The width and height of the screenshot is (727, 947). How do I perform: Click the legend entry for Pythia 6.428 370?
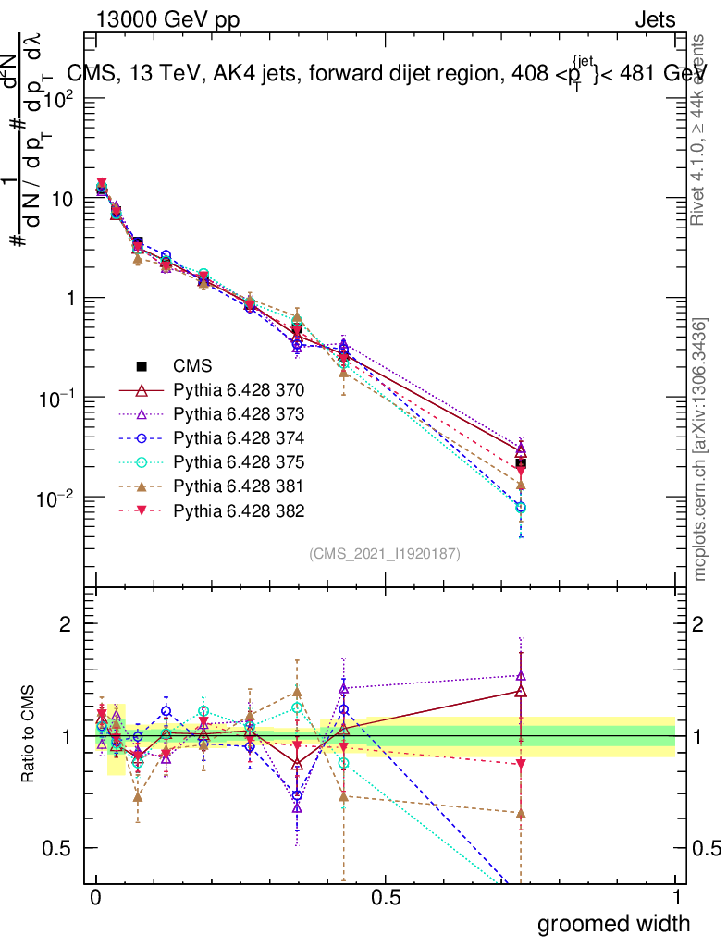[x=239, y=389]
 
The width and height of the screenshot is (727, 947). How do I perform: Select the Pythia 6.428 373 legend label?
[x=239, y=413]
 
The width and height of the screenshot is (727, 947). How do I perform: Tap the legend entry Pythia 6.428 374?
[x=239, y=437]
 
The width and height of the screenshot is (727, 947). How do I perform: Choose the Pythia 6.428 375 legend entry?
[x=239, y=461]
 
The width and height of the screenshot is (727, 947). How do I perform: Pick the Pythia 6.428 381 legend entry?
[x=239, y=486]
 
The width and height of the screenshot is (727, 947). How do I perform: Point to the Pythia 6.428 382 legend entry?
[x=239, y=510]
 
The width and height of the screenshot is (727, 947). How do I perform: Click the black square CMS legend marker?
[x=142, y=365]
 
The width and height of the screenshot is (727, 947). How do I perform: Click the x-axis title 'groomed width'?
[x=613, y=922]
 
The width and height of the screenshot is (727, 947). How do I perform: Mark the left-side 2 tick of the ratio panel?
[x=66, y=624]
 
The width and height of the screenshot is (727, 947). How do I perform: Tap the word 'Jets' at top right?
[x=654, y=20]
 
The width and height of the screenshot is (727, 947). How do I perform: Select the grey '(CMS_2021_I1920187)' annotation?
[x=385, y=553]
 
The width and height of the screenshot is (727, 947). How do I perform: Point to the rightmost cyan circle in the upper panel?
[x=521, y=508]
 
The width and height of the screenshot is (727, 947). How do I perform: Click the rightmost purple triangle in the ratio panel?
[x=521, y=676]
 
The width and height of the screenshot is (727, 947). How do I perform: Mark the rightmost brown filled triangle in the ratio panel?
[x=521, y=813]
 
